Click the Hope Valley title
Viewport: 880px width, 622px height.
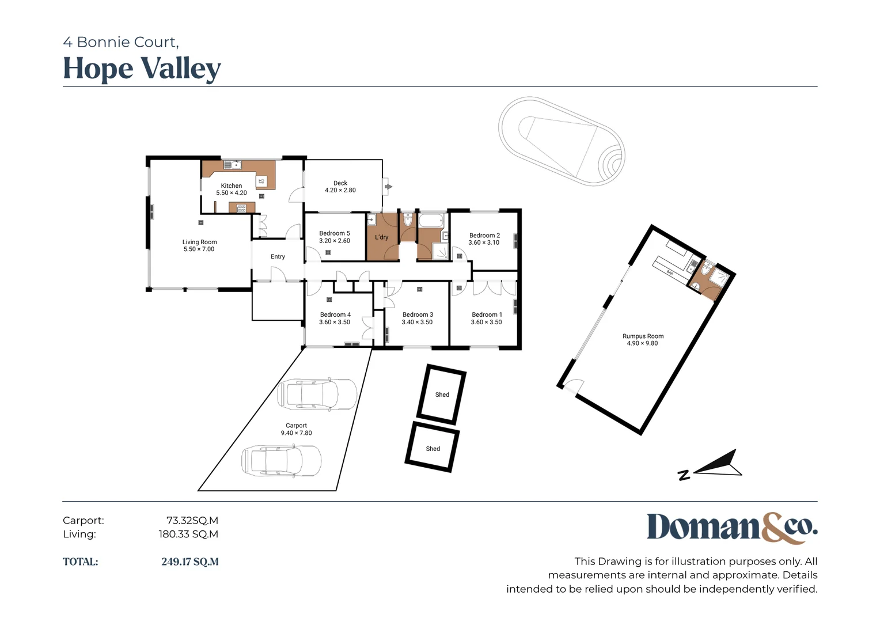click(x=142, y=69)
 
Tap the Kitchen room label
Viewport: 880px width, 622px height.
click(x=232, y=185)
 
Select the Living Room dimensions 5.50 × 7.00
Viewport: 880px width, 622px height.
click(x=199, y=249)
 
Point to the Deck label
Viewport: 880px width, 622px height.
click(x=340, y=183)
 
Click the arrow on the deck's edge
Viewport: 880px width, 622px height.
click(x=388, y=187)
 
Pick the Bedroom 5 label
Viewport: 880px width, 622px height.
click(x=335, y=233)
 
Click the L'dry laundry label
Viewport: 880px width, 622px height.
click(x=381, y=237)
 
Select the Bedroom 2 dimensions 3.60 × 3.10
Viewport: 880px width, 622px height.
click(x=484, y=242)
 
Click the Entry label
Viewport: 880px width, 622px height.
click(x=278, y=257)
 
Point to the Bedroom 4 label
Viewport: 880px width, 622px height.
click(x=335, y=314)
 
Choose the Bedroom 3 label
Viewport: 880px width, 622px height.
click(x=418, y=314)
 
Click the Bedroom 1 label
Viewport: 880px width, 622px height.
click(x=487, y=314)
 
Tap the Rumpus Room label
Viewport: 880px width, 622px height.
click(x=643, y=336)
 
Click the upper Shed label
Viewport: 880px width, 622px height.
click(x=442, y=395)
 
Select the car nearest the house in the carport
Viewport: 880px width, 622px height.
click(x=317, y=395)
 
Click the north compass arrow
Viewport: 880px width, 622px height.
click(x=718, y=464)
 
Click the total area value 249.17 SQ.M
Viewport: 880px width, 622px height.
click(x=189, y=562)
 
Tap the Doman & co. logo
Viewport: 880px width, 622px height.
click(x=733, y=528)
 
